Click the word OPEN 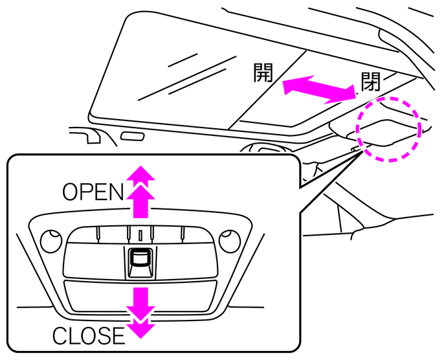click(x=93, y=192)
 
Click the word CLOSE click(x=88, y=336)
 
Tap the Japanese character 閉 click(x=370, y=82)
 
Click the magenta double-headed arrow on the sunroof click(x=319, y=87)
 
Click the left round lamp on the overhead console click(x=49, y=242)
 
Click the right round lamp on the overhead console click(x=228, y=242)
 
